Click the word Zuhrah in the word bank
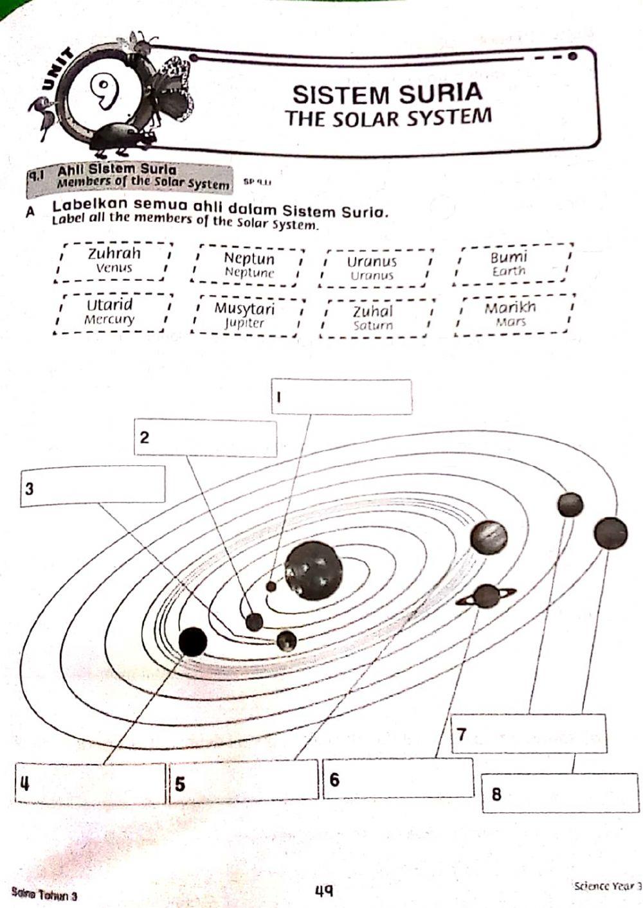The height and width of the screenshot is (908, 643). [x=114, y=253]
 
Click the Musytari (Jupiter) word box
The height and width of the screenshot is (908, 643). [x=245, y=315]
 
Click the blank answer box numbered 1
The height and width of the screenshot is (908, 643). [x=341, y=397]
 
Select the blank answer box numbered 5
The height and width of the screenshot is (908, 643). [x=244, y=780]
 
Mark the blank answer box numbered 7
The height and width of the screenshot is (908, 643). [x=529, y=733]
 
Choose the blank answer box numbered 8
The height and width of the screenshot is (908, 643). [x=560, y=793]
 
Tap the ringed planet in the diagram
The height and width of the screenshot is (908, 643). [x=487, y=597]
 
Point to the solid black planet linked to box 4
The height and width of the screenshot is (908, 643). [x=193, y=641]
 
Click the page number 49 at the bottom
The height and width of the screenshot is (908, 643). [x=323, y=890]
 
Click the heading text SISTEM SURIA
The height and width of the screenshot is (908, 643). [x=387, y=94]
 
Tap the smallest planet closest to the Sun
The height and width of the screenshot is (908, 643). [x=271, y=585]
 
